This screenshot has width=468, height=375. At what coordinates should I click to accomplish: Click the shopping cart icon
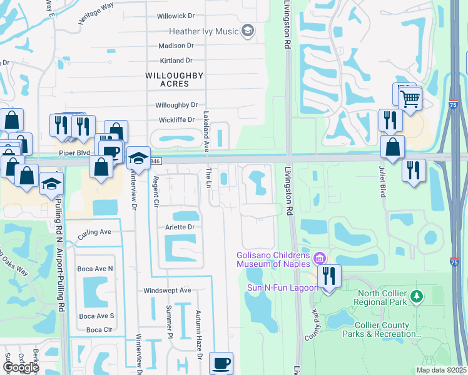click(x=410, y=98)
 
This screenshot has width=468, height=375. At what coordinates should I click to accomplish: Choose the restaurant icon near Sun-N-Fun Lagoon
click(x=327, y=276)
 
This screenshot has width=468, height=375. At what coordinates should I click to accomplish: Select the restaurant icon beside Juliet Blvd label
click(x=413, y=169)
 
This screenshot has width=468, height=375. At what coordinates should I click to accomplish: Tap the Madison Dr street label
click(x=176, y=46)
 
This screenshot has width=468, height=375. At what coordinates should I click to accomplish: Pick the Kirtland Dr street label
click(x=176, y=61)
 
